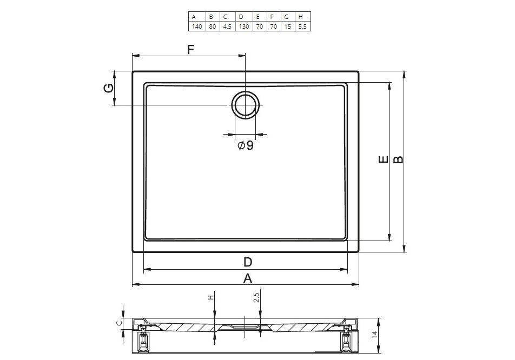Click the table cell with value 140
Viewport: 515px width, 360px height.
197,26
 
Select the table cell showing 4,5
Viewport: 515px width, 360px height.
227,26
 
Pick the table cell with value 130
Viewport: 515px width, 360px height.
243,26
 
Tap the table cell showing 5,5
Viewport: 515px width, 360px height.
302,26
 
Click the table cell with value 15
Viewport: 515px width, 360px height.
288,26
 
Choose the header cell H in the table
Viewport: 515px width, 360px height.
302,17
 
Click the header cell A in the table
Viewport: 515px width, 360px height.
197,17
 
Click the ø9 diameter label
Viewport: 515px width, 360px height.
246,145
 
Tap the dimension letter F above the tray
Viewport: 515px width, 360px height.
191,50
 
